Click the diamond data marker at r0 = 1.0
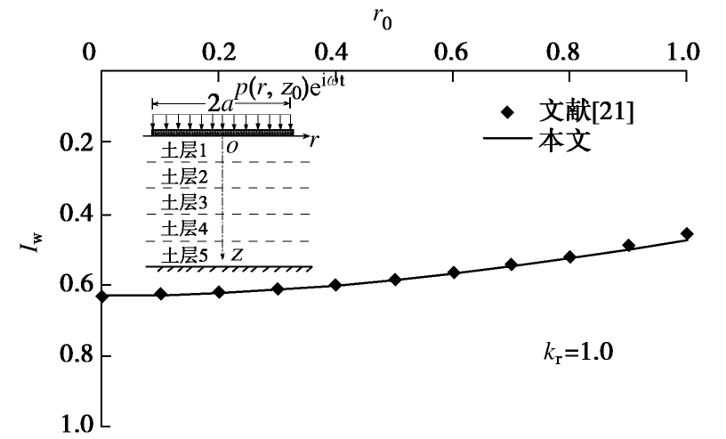(686, 234)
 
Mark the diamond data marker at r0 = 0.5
(396, 280)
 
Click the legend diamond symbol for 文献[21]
(508, 113)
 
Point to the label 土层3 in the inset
(184, 203)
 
